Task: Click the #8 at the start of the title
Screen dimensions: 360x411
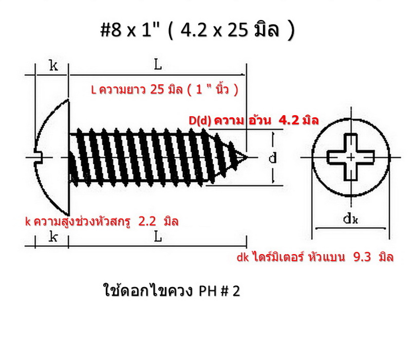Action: [111, 30]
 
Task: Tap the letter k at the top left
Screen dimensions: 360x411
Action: [53, 65]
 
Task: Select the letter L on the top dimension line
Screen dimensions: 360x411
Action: [158, 65]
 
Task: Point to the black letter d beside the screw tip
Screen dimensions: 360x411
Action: [272, 157]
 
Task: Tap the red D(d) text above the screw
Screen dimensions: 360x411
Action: [200, 120]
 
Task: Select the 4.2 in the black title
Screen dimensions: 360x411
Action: [188, 30]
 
